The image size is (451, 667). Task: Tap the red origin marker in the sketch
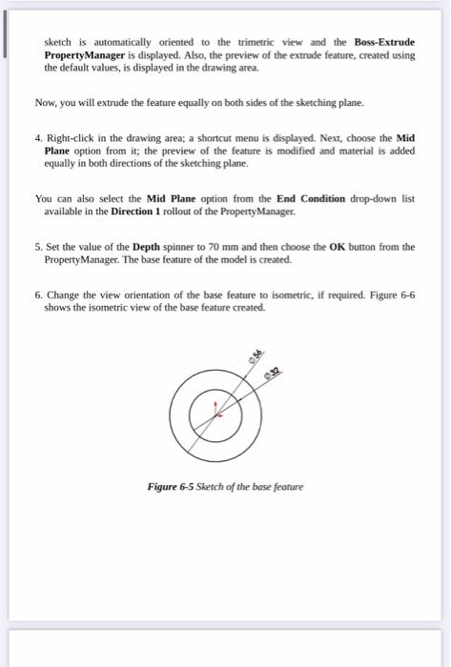click(218, 411)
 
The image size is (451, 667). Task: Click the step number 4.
click(37, 137)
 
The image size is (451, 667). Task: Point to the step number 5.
click(37, 246)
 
